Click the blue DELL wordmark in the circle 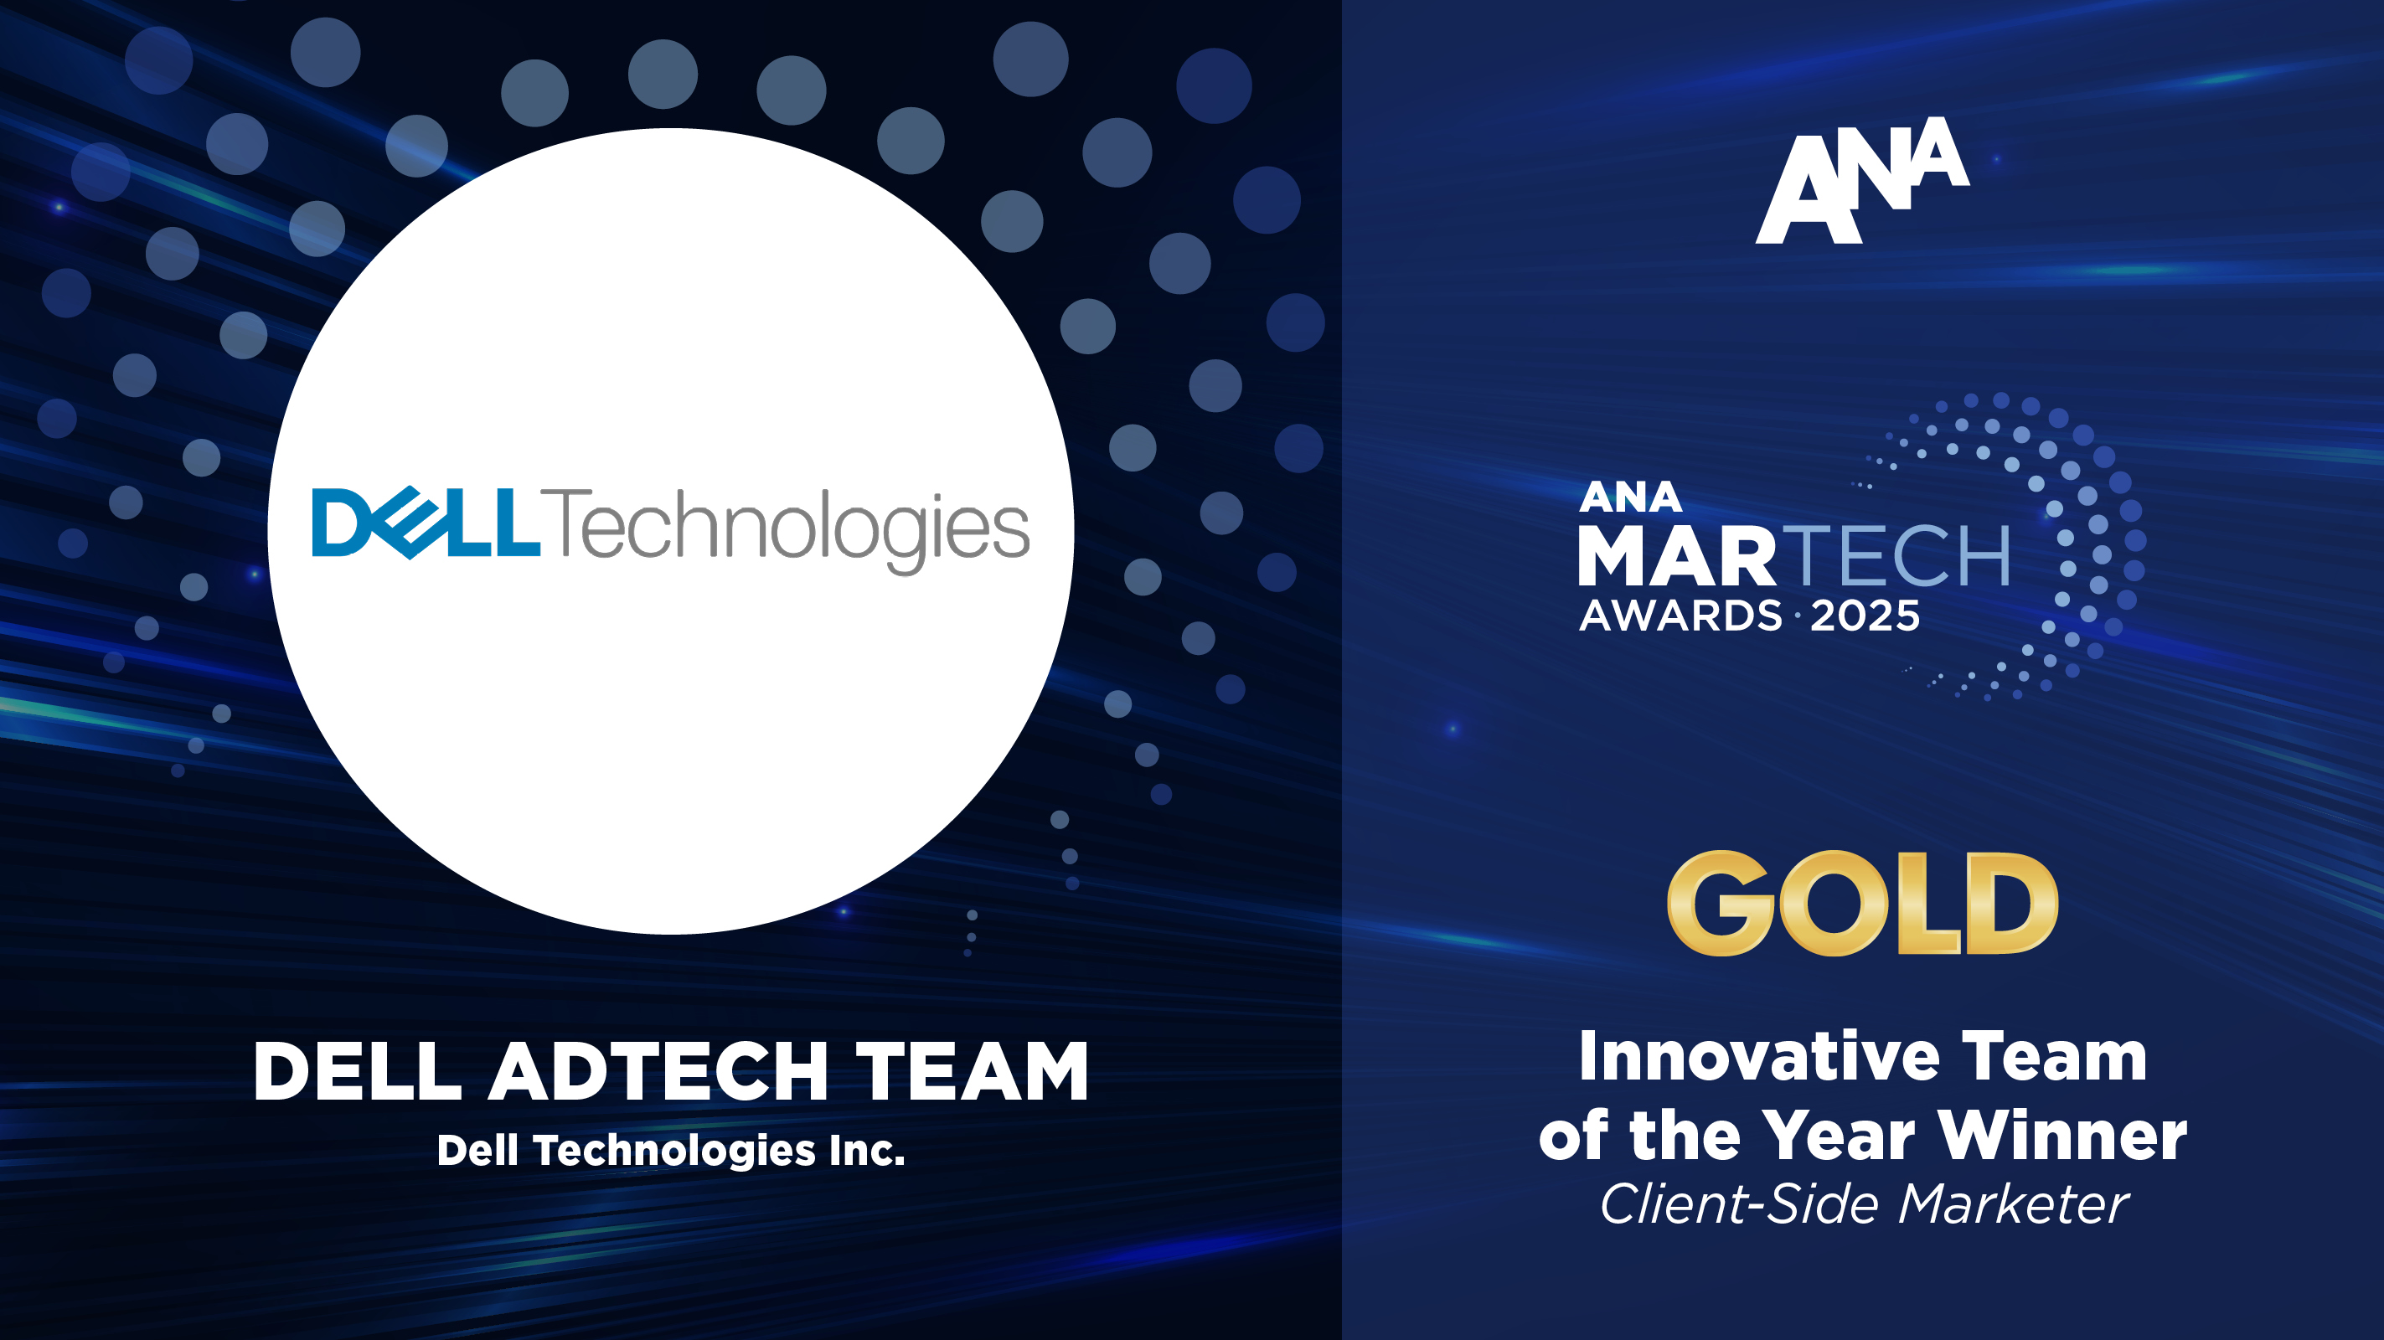click(426, 523)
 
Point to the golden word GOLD click(1862, 903)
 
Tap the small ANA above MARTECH click(1630, 497)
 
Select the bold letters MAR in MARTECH click(1677, 555)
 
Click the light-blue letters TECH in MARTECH click(1900, 555)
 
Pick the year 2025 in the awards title click(1865, 616)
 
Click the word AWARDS click(1680, 616)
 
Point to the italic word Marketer click(2014, 1204)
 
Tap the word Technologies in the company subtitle click(674, 1152)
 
